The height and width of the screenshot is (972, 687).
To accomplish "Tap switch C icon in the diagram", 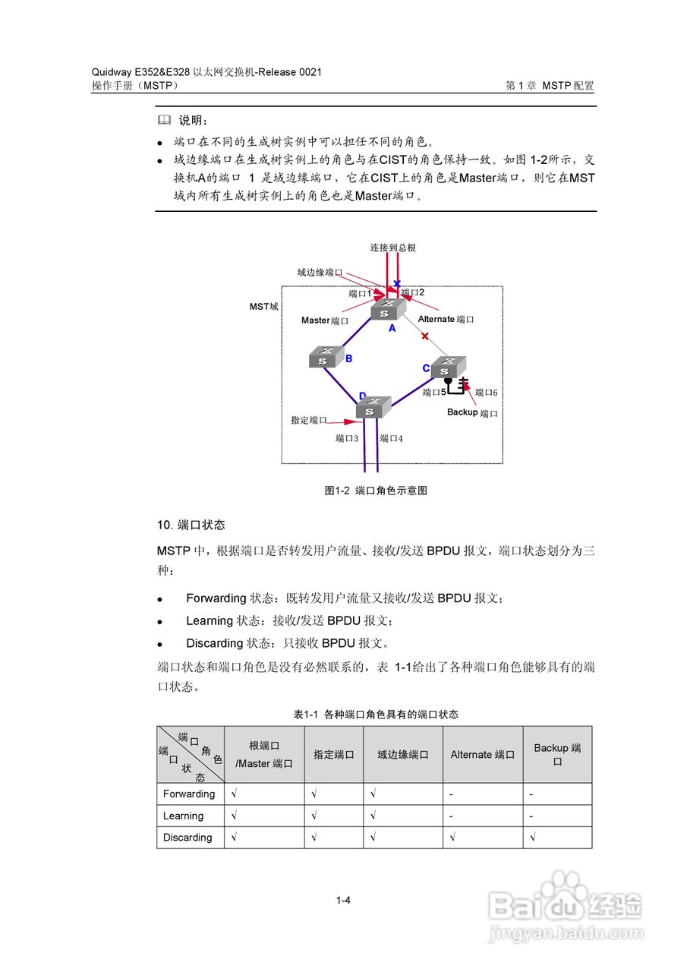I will [x=447, y=367].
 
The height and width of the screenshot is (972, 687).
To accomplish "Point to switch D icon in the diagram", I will [x=373, y=407].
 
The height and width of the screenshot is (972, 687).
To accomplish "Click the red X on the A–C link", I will [x=425, y=336].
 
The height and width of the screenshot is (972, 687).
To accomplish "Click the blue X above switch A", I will [x=397, y=283].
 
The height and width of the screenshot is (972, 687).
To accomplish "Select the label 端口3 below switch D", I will [x=347, y=438].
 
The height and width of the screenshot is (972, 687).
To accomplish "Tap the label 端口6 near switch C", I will [x=486, y=393].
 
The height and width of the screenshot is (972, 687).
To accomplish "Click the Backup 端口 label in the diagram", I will [x=472, y=413].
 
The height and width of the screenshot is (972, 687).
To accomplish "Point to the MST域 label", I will [x=263, y=307].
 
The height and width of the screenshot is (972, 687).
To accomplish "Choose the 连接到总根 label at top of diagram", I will [x=392, y=248].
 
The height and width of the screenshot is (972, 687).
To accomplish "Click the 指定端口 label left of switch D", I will [x=309, y=420].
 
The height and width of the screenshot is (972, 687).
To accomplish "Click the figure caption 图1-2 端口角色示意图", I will [x=376, y=491].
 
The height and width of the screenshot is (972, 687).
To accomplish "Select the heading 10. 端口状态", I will [x=191, y=525].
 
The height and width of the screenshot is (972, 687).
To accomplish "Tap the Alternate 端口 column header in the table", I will [x=482, y=755].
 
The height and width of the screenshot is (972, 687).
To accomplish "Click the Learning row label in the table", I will [x=183, y=816].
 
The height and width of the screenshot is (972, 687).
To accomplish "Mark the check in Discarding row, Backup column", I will [x=534, y=838].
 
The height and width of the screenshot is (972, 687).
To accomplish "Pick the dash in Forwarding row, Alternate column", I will [x=451, y=794].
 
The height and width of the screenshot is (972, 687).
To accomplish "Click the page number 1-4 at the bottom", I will [x=343, y=901].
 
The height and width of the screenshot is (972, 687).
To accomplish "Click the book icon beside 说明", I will [x=164, y=121].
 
